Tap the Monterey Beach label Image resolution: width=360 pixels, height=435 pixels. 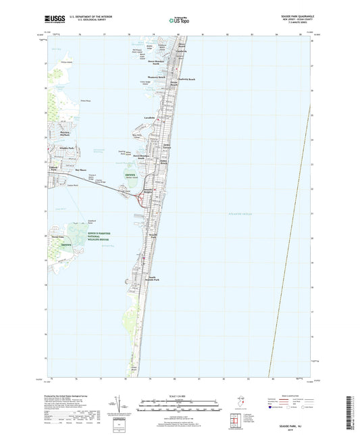point(157,77)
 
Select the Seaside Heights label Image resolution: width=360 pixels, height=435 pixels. point(157,192)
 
